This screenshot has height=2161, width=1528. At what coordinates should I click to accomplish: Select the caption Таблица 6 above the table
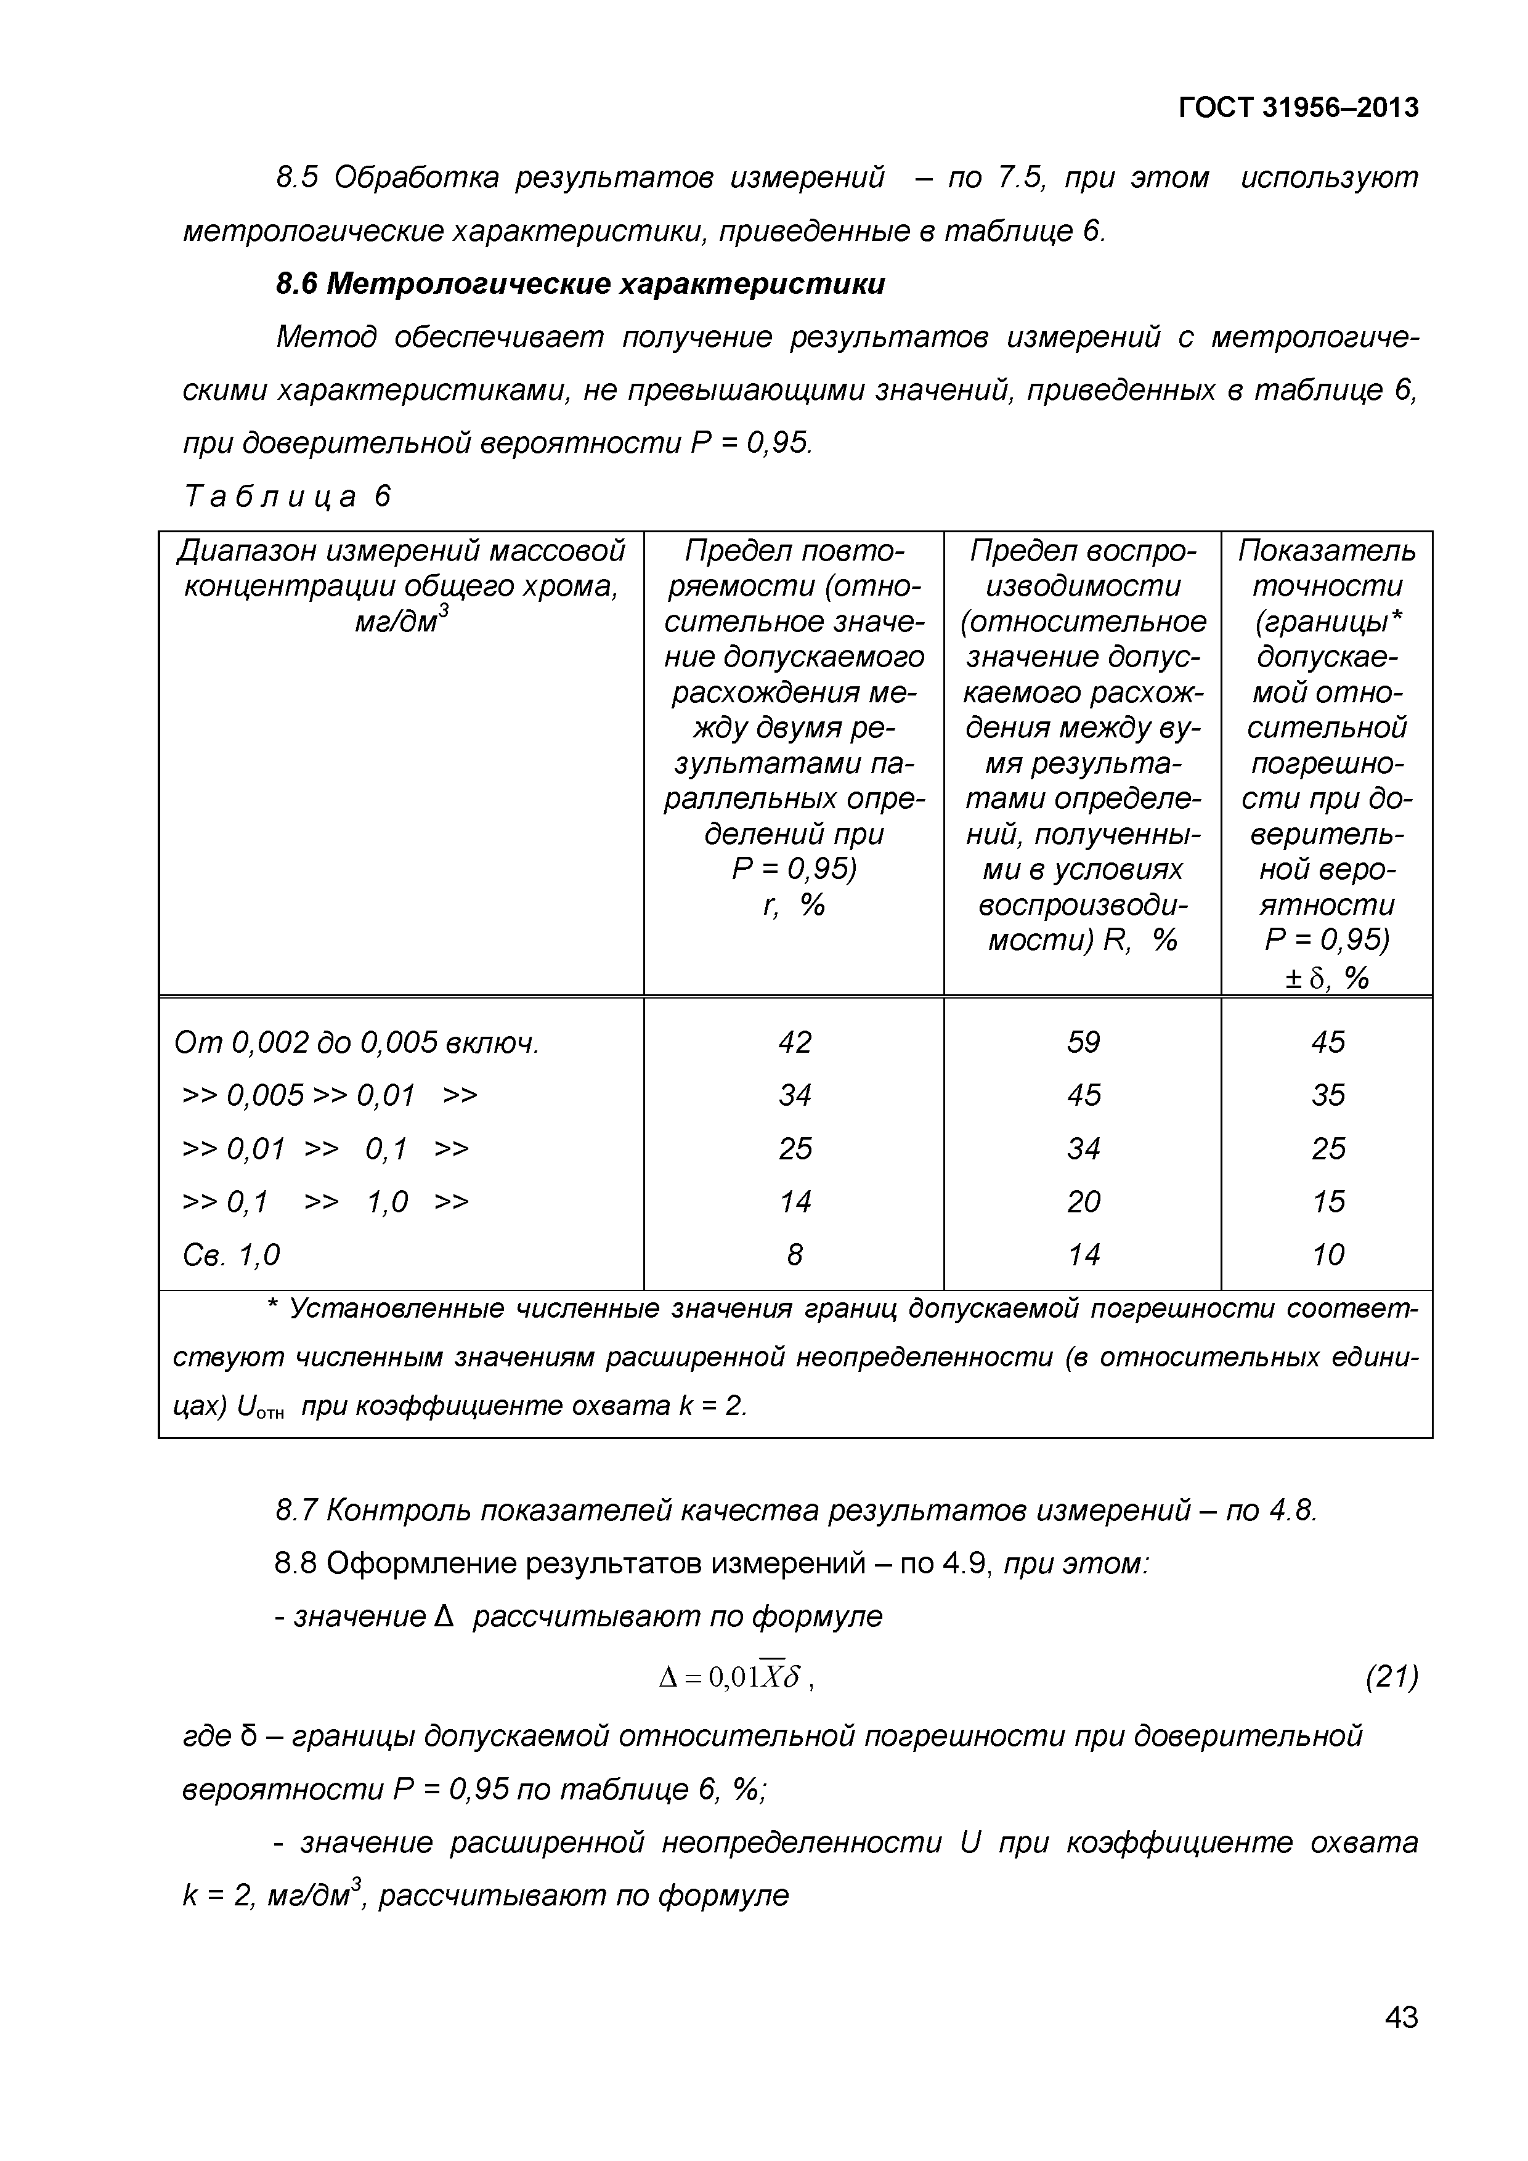(x=287, y=496)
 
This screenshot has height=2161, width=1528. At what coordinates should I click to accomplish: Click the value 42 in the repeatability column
(x=795, y=1042)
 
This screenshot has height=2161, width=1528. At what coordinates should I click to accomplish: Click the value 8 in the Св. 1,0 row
(x=795, y=1255)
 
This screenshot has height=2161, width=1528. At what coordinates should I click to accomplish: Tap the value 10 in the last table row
(x=1328, y=1255)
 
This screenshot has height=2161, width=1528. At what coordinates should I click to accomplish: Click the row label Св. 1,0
(x=232, y=1255)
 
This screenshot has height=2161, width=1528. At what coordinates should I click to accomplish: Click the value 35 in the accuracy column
(x=1328, y=1095)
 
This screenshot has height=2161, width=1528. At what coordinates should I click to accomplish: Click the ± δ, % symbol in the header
(x=1327, y=979)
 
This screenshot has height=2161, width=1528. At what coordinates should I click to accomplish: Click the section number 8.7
(x=296, y=1510)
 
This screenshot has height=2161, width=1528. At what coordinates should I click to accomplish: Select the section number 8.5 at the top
(x=298, y=177)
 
